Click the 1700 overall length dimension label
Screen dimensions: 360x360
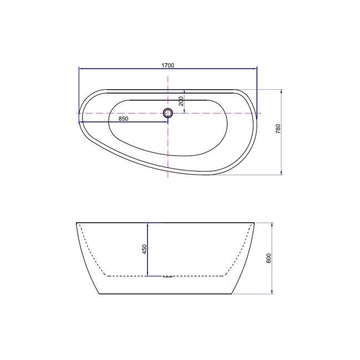168,65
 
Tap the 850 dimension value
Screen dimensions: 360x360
124,119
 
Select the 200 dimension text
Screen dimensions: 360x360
181,101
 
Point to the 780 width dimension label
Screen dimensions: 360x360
278,129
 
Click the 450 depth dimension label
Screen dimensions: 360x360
145,249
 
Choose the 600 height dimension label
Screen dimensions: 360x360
269,258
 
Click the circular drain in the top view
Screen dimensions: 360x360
168,113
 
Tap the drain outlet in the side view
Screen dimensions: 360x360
168,277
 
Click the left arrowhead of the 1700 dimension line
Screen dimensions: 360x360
81,68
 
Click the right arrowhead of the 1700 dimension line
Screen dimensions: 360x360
255,68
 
